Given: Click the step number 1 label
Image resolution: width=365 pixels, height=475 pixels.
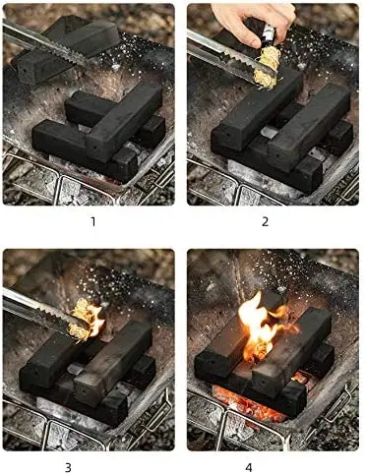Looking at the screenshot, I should pos(93,221).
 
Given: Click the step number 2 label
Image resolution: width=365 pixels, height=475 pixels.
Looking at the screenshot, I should pos(266,221).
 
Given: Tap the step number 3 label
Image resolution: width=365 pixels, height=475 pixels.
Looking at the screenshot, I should pos(93,465).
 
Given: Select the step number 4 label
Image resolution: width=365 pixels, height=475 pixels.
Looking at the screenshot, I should pos(267,465).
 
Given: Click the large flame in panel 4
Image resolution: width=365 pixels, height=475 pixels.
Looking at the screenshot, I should pos(258,325).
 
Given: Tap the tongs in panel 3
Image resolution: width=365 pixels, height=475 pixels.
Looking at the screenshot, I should pos(34,308).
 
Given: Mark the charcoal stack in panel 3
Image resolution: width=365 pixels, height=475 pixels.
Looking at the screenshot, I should pos(93,369).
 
